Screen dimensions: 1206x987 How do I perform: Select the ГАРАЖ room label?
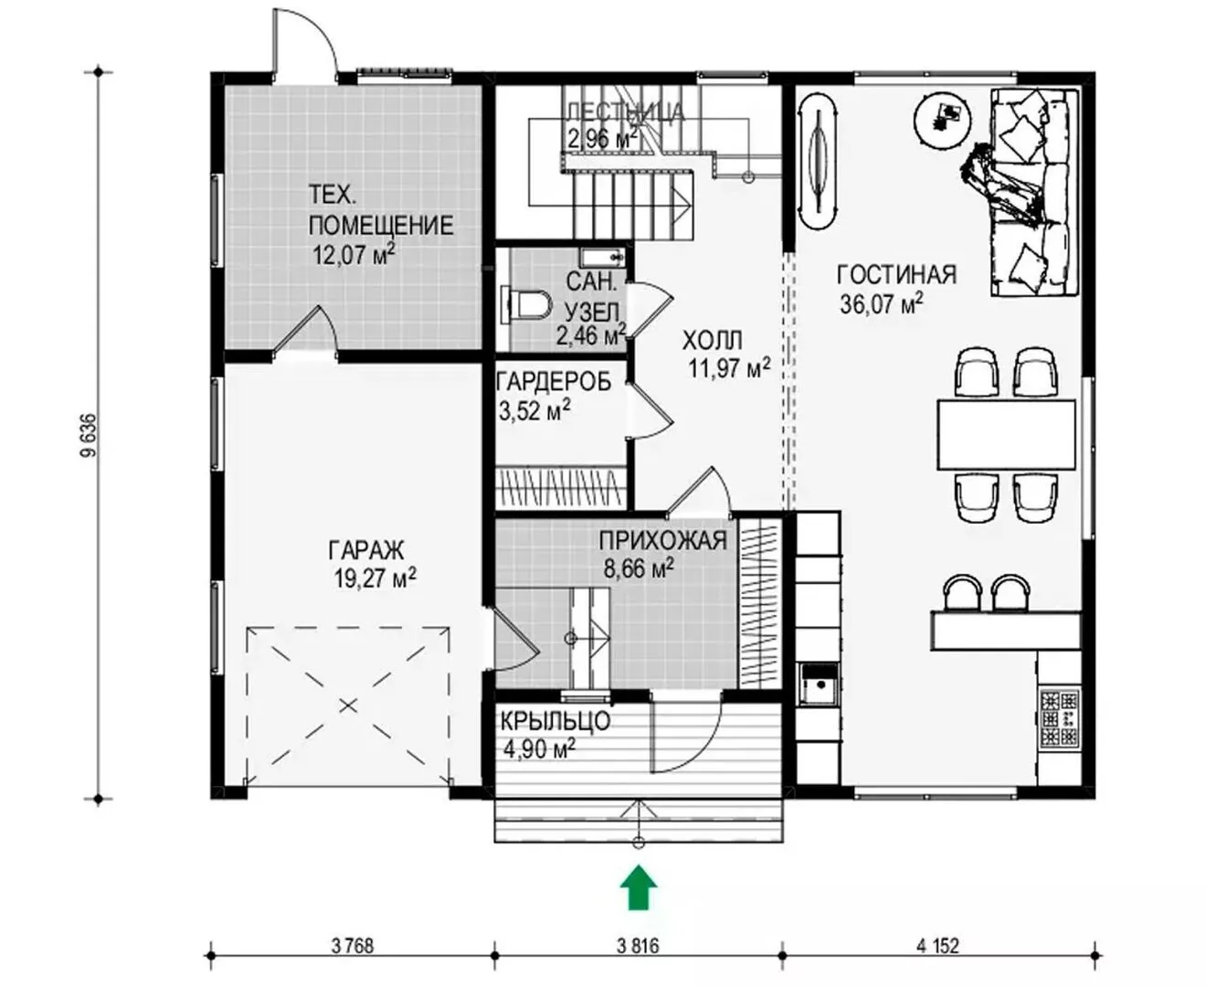click(366, 550)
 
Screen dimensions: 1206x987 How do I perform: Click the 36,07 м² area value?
click(881, 302)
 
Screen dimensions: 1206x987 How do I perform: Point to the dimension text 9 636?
click(89, 435)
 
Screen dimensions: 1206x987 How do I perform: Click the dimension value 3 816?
click(638, 946)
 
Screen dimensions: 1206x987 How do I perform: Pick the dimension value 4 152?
click(937, 946)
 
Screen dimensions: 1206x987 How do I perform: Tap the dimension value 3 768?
click(353, 946)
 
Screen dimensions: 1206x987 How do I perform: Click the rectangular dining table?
click(1006, 435)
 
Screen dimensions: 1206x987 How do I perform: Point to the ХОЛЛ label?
click(713, 341)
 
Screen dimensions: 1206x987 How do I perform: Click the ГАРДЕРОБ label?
click(554, 382)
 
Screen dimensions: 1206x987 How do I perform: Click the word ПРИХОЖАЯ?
click(663, 540)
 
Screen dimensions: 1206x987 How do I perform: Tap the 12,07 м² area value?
click(354, 254)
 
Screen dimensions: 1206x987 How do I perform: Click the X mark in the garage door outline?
click(347, 706)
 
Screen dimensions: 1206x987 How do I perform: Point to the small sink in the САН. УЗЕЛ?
click(603, 256)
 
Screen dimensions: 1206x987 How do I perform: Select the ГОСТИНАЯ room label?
click(896, 275)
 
